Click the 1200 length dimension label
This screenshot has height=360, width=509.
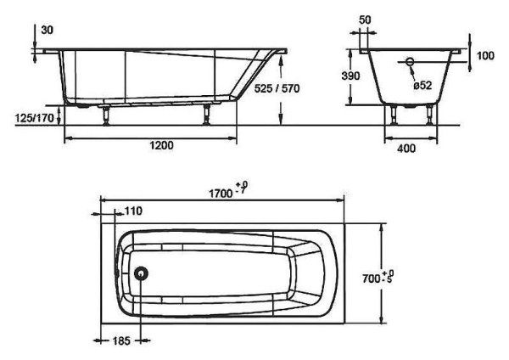161,145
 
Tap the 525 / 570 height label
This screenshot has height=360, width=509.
277,88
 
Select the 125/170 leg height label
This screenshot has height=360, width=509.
35,118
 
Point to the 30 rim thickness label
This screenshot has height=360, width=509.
47,31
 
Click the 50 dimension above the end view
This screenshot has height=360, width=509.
365,20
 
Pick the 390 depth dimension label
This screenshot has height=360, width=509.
350,76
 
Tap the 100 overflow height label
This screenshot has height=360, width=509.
485,55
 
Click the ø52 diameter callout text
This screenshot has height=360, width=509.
422,86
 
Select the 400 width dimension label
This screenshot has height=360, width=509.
406,149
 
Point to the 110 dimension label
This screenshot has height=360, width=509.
133,211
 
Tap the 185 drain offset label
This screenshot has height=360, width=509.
121,340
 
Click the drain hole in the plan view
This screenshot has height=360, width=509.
141,273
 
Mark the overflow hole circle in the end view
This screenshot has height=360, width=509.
410,61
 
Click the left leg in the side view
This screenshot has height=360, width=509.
105,115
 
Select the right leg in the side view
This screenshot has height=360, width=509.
206,115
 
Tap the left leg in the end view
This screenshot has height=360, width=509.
394,115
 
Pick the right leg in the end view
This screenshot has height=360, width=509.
430,115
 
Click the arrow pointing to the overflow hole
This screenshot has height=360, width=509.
412,73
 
